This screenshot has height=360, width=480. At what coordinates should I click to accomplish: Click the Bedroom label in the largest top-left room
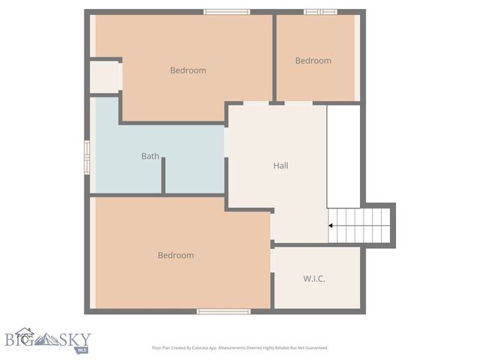point(187,70)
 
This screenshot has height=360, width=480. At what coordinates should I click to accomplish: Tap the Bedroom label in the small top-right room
point(313,61)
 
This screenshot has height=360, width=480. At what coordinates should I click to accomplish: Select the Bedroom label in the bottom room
point(175,255)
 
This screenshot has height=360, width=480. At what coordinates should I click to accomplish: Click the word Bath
point(150,156)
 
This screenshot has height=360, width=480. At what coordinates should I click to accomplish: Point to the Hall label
point(280,166)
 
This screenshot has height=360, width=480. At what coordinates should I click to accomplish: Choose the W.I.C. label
point(314,278)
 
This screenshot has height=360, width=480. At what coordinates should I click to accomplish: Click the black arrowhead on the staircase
point(331,225)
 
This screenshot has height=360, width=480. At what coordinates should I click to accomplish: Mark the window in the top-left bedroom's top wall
point(226,12)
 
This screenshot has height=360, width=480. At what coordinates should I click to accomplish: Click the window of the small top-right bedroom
point(320,12)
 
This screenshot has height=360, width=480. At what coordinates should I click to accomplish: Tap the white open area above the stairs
point(343,156)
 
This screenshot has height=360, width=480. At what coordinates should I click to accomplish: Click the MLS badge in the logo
point(82,349)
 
